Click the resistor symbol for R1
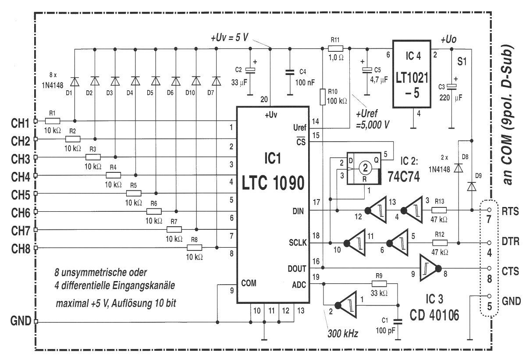(x=52, y=121)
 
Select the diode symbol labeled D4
(x=135, y=81)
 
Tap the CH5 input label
(x=21, y=195)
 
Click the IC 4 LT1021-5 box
(x=412, y=74)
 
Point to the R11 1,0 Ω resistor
(x=335, y=49)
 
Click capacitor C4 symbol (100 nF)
(x=290, y=72)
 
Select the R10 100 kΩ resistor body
(x=323, y=97)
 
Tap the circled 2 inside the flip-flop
(x=365, y=168)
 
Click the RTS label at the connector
(x=510, y=211)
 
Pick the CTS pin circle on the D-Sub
(x=489, y=268)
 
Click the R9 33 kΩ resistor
(x=379, y=284)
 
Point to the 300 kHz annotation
(x=343, y=333)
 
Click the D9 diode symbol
(x=472, y=186)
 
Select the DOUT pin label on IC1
(x=297, y=268)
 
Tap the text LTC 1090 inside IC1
(x=273, y=183)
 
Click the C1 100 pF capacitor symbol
(x=398, y=322)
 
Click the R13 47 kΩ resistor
(x=439, y=210)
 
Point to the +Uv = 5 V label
(x=229, y=38)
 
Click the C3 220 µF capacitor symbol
(x=451, y=87)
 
